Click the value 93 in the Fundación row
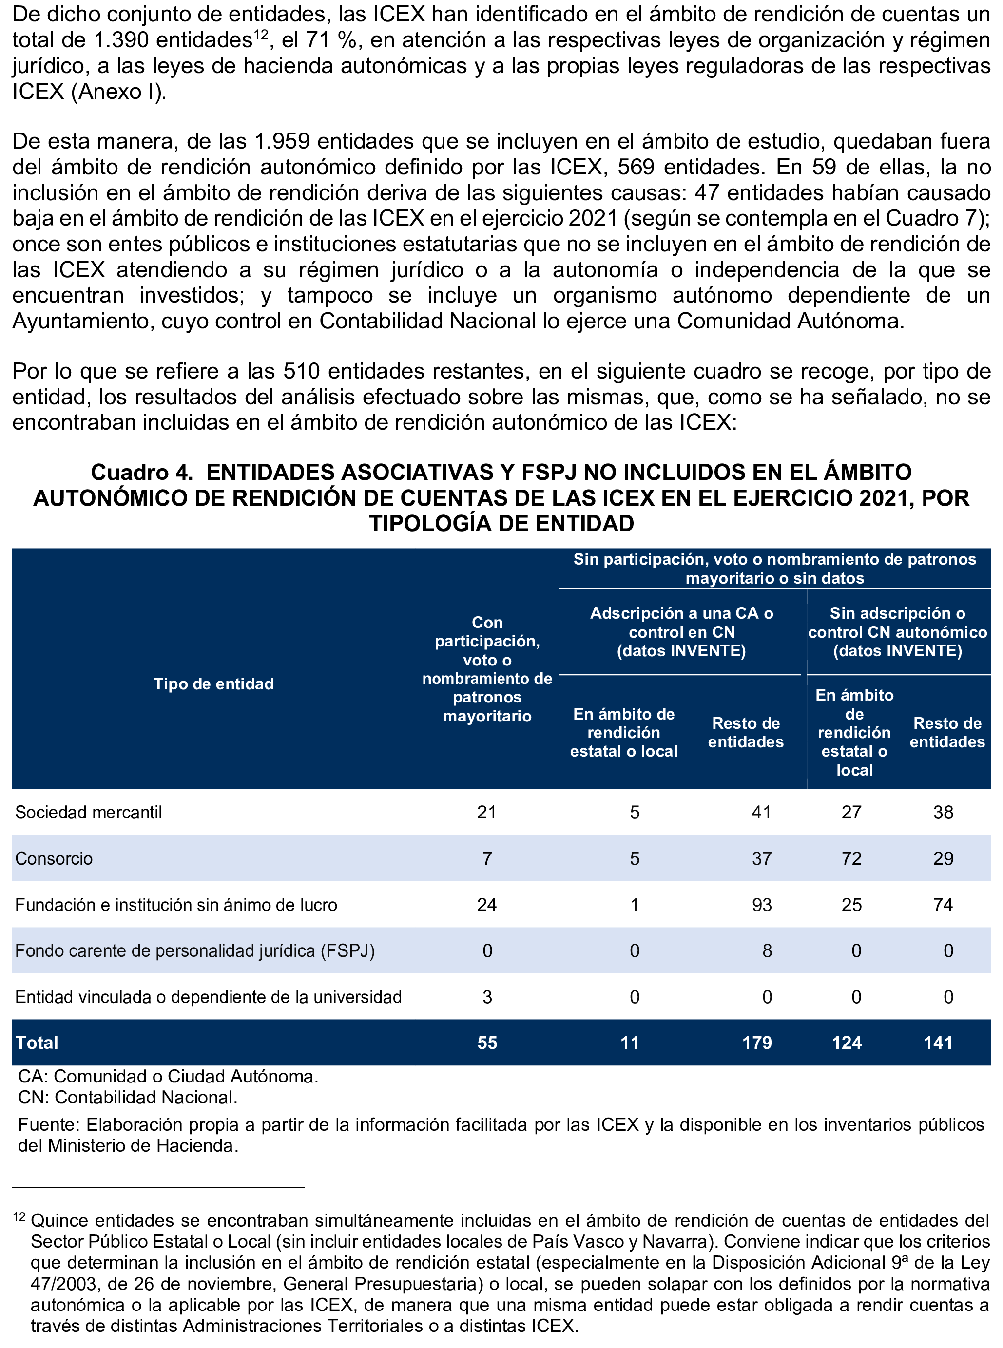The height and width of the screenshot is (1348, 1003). click(761, 905)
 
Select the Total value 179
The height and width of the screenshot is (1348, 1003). click(756, 1043)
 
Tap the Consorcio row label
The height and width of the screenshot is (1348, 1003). click(54, 859)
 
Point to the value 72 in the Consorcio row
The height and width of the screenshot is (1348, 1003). click(851, 859)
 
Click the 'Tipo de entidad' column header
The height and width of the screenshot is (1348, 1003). click(214, 684)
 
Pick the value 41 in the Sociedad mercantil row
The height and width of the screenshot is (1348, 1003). click(761, 813)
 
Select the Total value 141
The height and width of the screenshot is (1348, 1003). click(938, 1043)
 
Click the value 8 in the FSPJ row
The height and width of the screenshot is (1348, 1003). click(767, 951)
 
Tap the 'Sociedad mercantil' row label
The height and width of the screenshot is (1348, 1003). click(89, 813)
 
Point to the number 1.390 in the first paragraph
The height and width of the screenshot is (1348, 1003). click(121, 40)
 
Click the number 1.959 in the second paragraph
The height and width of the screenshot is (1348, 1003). click(282, 141)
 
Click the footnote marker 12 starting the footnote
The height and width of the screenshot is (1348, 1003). click(19, 1217)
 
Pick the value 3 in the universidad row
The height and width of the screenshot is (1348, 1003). click(487, 997)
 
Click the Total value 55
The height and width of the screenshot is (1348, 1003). click(487, 1043)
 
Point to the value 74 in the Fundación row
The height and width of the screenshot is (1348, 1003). click(943, 905)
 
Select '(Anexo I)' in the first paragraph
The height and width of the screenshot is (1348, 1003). click(118, 92)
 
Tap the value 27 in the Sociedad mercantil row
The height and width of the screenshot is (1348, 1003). click(851, 813)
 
